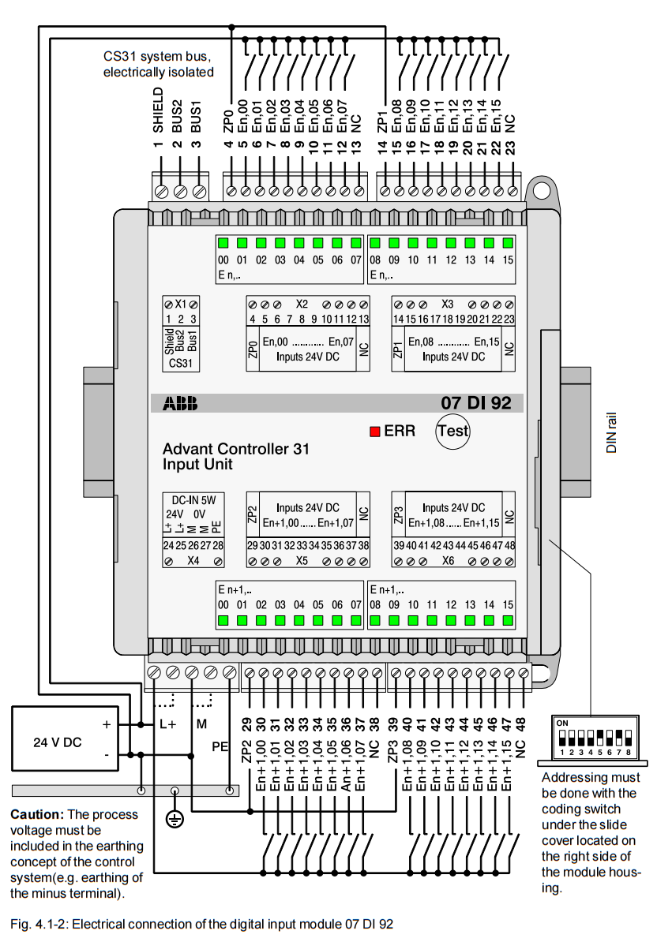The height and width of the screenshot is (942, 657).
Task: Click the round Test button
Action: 452,432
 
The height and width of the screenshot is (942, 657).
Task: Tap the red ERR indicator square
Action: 375,432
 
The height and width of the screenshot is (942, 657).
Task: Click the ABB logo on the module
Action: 181,404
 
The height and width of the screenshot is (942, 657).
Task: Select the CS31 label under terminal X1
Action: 180,364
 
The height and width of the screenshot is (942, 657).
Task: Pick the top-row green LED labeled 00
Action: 223,243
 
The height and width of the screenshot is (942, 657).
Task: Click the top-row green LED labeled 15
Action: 508,243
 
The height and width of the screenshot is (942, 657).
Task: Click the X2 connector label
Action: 302,304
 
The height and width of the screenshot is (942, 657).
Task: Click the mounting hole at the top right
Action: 539,189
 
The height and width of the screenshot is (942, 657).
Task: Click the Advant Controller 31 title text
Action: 235,449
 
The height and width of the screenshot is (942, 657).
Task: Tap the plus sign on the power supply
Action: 106,723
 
